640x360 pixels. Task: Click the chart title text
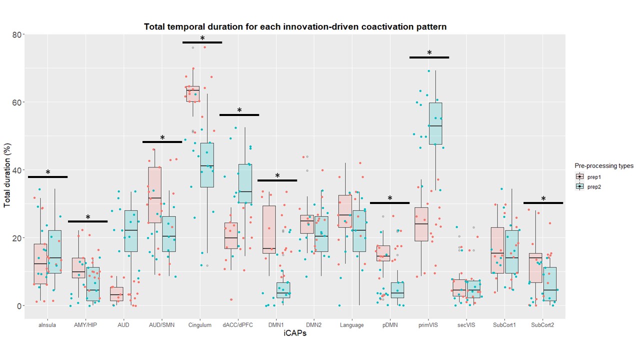pos(295,26)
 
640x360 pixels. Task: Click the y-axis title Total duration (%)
pos(7,170)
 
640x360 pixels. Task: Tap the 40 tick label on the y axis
pos(16,170)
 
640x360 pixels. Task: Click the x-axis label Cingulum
pos(200,325)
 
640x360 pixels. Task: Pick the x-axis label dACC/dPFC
pos(238,325)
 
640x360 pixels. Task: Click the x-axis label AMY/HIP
pos(85,325)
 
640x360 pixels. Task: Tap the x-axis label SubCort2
pos(542,325)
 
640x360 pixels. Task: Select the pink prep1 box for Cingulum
pos(192,94)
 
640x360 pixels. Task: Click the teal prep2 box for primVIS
pos(435,123)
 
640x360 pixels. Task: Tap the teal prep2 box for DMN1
pos(283,290)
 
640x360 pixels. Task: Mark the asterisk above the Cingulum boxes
pos(202,38)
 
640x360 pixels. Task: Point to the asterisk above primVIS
pos(429,53)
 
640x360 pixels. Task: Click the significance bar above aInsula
pos(47,177)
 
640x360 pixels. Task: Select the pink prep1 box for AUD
pos(116,293)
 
